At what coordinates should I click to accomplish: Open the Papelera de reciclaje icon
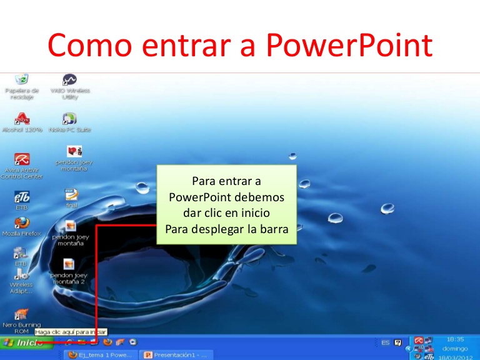22,80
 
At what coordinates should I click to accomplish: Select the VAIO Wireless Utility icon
69,80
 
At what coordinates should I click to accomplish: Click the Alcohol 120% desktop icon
22,117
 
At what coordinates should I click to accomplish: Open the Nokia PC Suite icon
69,118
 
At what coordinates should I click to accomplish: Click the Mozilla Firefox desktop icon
22,223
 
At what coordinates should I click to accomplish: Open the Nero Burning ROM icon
22,314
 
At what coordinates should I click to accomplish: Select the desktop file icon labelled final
71,195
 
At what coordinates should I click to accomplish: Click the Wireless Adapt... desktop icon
22,275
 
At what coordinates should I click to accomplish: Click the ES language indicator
386,342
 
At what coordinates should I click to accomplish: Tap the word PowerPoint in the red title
349,46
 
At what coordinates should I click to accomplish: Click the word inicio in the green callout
253,213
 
